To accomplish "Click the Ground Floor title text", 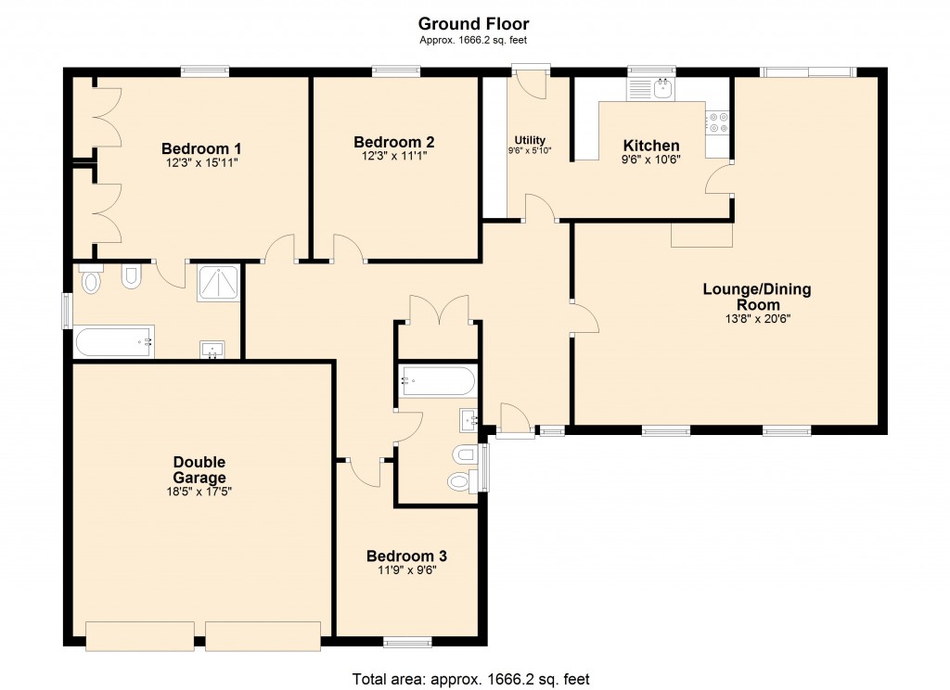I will coord(474,23).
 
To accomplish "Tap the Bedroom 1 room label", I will coord(201,148).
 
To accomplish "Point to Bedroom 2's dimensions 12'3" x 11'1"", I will coord(394,158).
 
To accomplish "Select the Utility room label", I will coord(530,140).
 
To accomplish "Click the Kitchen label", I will coord(650,146).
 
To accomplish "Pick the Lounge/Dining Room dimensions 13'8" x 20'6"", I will coord(756,318).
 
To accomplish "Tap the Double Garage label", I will coord(199,469).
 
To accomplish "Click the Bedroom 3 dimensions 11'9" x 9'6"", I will coord(406,570).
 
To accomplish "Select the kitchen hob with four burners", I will coord(718,122).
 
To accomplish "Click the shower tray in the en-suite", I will coord(219,283).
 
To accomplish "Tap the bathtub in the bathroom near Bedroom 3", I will coord(438,380).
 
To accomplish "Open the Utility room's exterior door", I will coord(532,82).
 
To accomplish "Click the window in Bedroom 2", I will coord(395,70).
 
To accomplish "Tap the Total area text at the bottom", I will coord(470,679).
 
